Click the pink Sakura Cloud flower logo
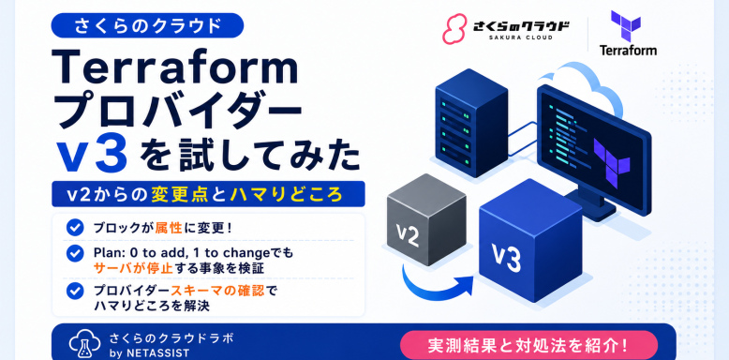tap(454, 29)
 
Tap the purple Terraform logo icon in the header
tap(626, 25)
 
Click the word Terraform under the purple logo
tap(628, 50)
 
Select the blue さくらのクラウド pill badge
tap(147, 25)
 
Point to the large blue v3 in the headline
tap(94, 156)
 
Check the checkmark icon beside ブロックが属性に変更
tap(75, 228)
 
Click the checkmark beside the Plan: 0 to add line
tap(75, 253)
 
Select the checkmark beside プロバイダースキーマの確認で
tap(75, 291)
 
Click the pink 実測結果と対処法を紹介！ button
tap(528, 345)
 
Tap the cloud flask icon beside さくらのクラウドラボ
tap(84, 343)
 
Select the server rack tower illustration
tap(471, 123)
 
